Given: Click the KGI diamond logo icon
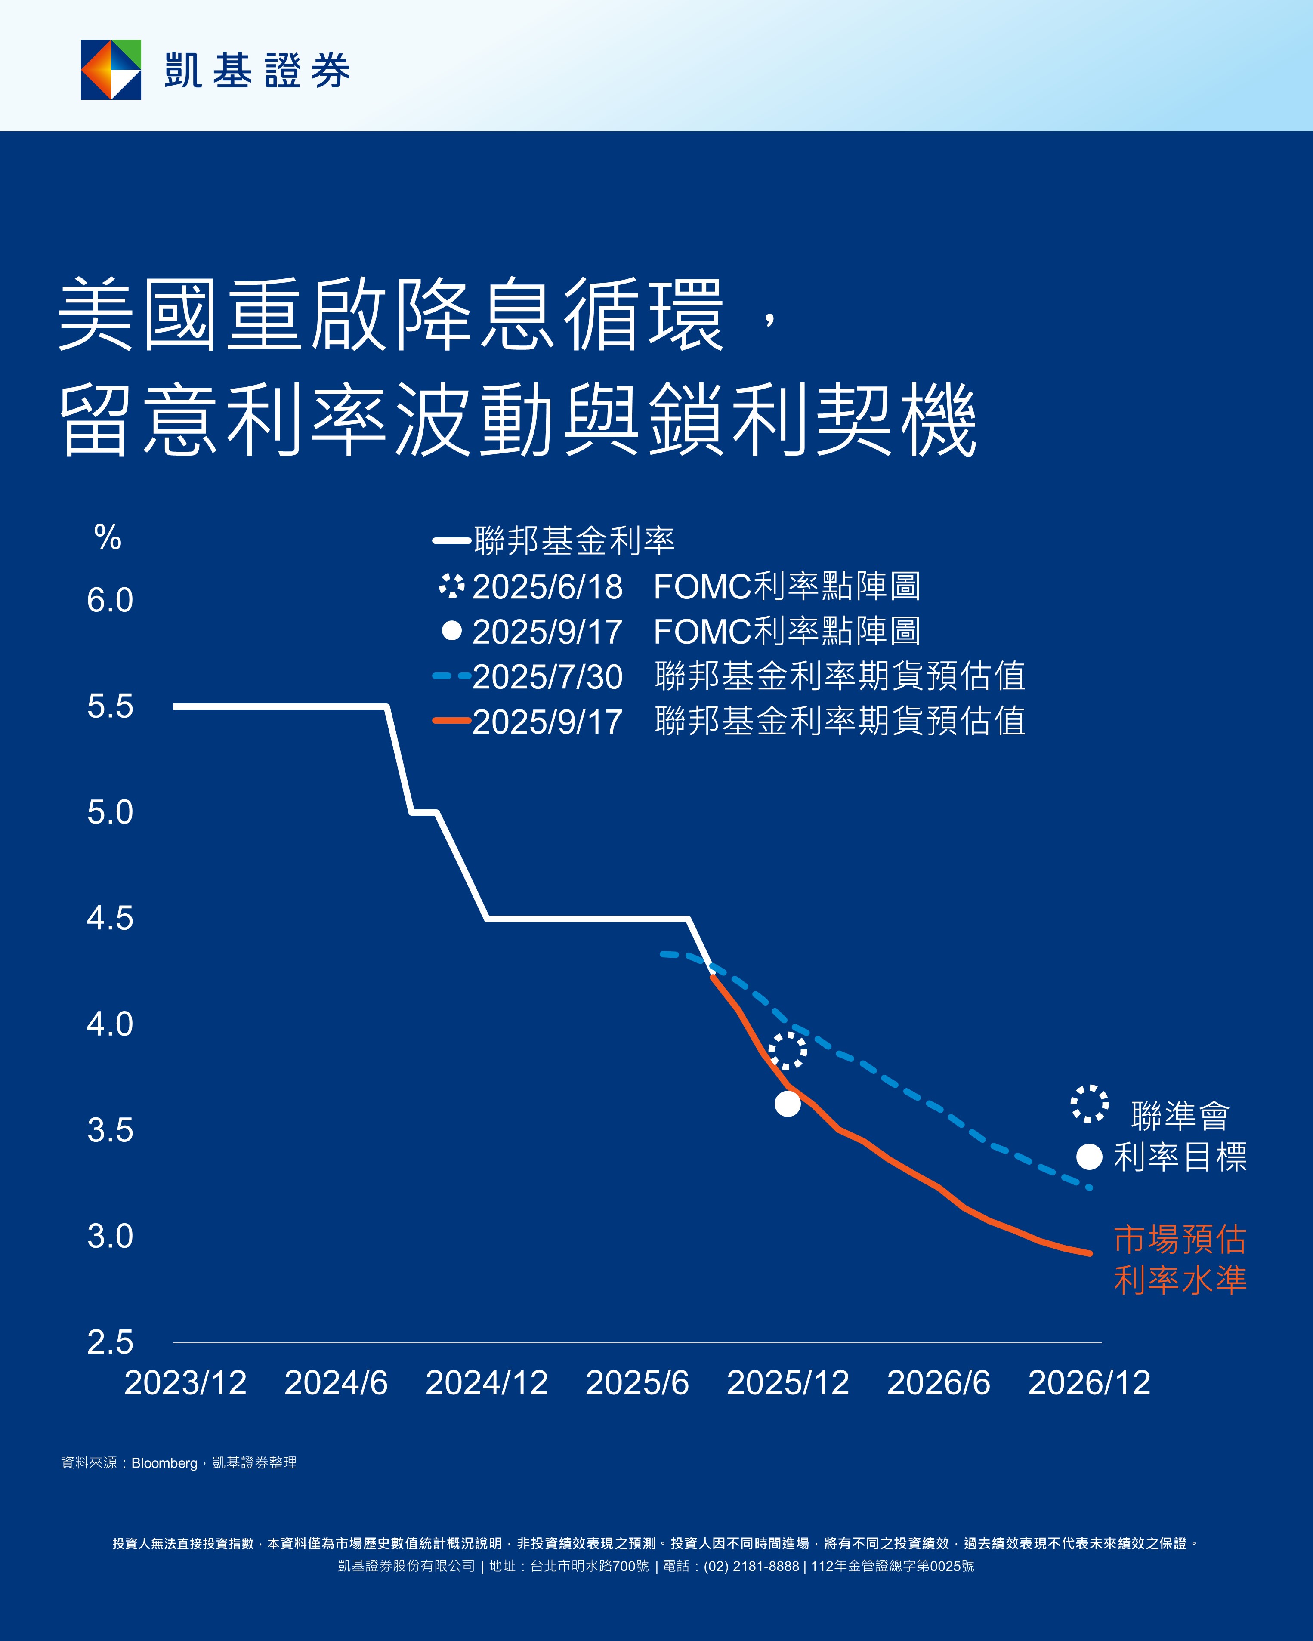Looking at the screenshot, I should [x=111, y=69].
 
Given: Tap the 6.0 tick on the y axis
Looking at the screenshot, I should [x=110, y=601].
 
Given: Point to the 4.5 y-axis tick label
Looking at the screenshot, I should [x=110, y=919].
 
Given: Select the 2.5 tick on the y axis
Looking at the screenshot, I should [x=110, y=1342].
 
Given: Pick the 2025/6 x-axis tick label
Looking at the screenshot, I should [x=637, y=1383].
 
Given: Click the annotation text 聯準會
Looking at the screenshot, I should [x=1180, y=1116].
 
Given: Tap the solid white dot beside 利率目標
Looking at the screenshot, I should [x=1089, y=1157].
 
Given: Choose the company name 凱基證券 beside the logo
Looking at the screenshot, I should [x=257, y=71].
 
